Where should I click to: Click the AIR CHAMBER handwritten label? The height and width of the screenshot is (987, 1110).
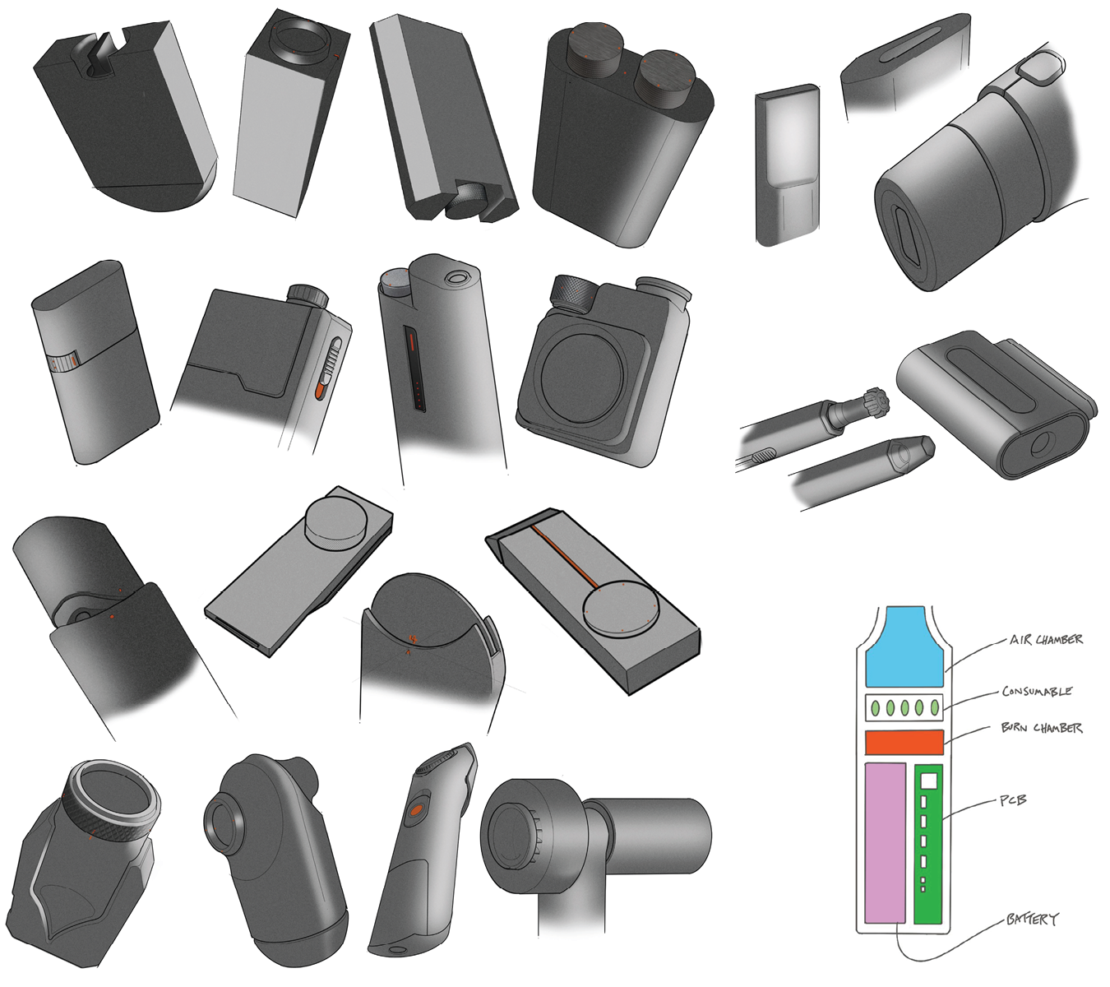tap(1046, 640)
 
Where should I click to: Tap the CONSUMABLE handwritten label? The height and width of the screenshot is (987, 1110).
tap(1037, 692)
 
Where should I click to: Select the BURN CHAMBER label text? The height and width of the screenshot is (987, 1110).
tap(1042, 729)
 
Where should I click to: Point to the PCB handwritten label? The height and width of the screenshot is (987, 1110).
tap(1013, 800)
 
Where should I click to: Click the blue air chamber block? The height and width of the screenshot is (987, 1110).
tap(904, 647)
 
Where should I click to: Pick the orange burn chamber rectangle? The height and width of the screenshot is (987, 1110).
tap(904, 742)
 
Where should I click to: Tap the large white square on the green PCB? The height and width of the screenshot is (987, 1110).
tap(929, 781)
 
